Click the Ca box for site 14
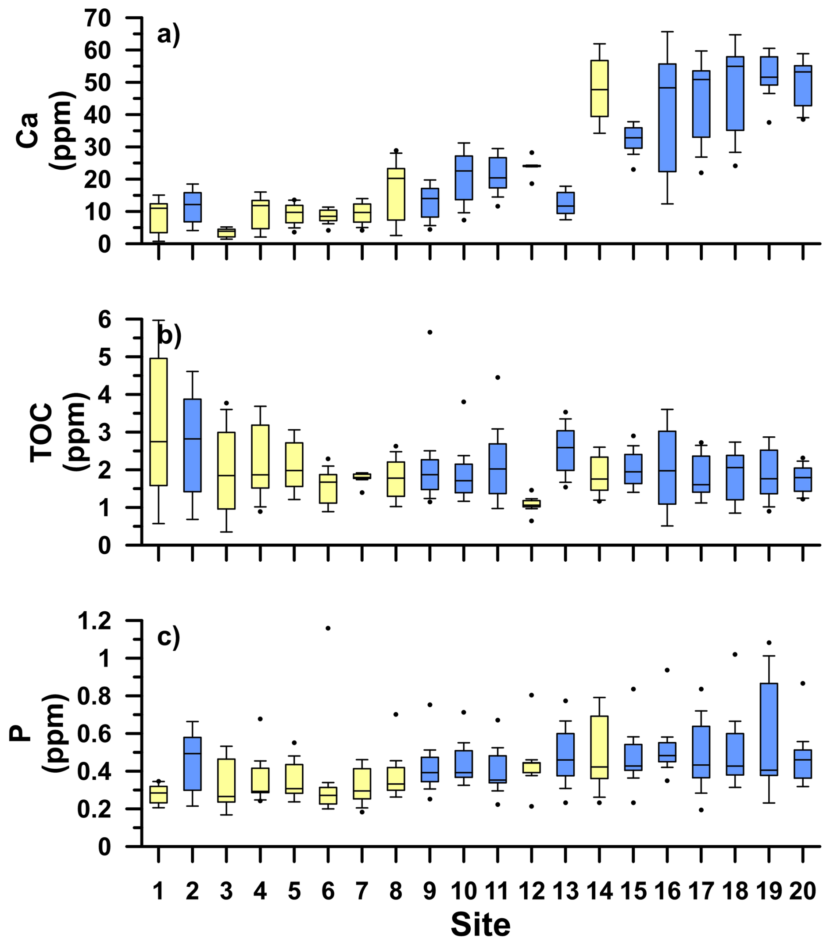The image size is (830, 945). click(x=599, y=88)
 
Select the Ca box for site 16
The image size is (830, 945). click(x=667, y=118)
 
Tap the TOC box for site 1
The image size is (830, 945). click(x=159, y=422)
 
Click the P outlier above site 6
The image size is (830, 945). click(x=328, y=628)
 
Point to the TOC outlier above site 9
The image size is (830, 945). click(x=429, y=332)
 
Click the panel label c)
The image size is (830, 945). click(x=168, y=637)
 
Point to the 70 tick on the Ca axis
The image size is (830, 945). click(x=97, y=18)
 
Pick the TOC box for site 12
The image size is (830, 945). click(x=531, y=503)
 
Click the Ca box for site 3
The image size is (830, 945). click(x=226, y=232)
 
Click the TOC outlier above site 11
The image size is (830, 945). click(x=497, y=377)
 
